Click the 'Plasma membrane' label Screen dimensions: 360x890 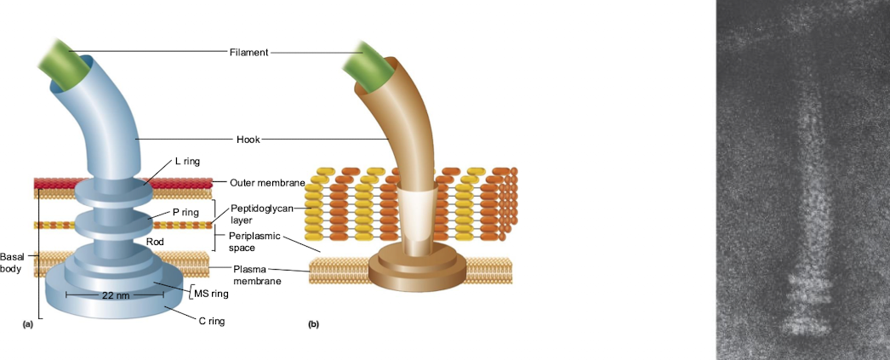(256, 275)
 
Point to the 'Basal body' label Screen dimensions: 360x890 (12, 261)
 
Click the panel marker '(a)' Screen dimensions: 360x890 (27, 323)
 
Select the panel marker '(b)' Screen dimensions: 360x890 (314, 324)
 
